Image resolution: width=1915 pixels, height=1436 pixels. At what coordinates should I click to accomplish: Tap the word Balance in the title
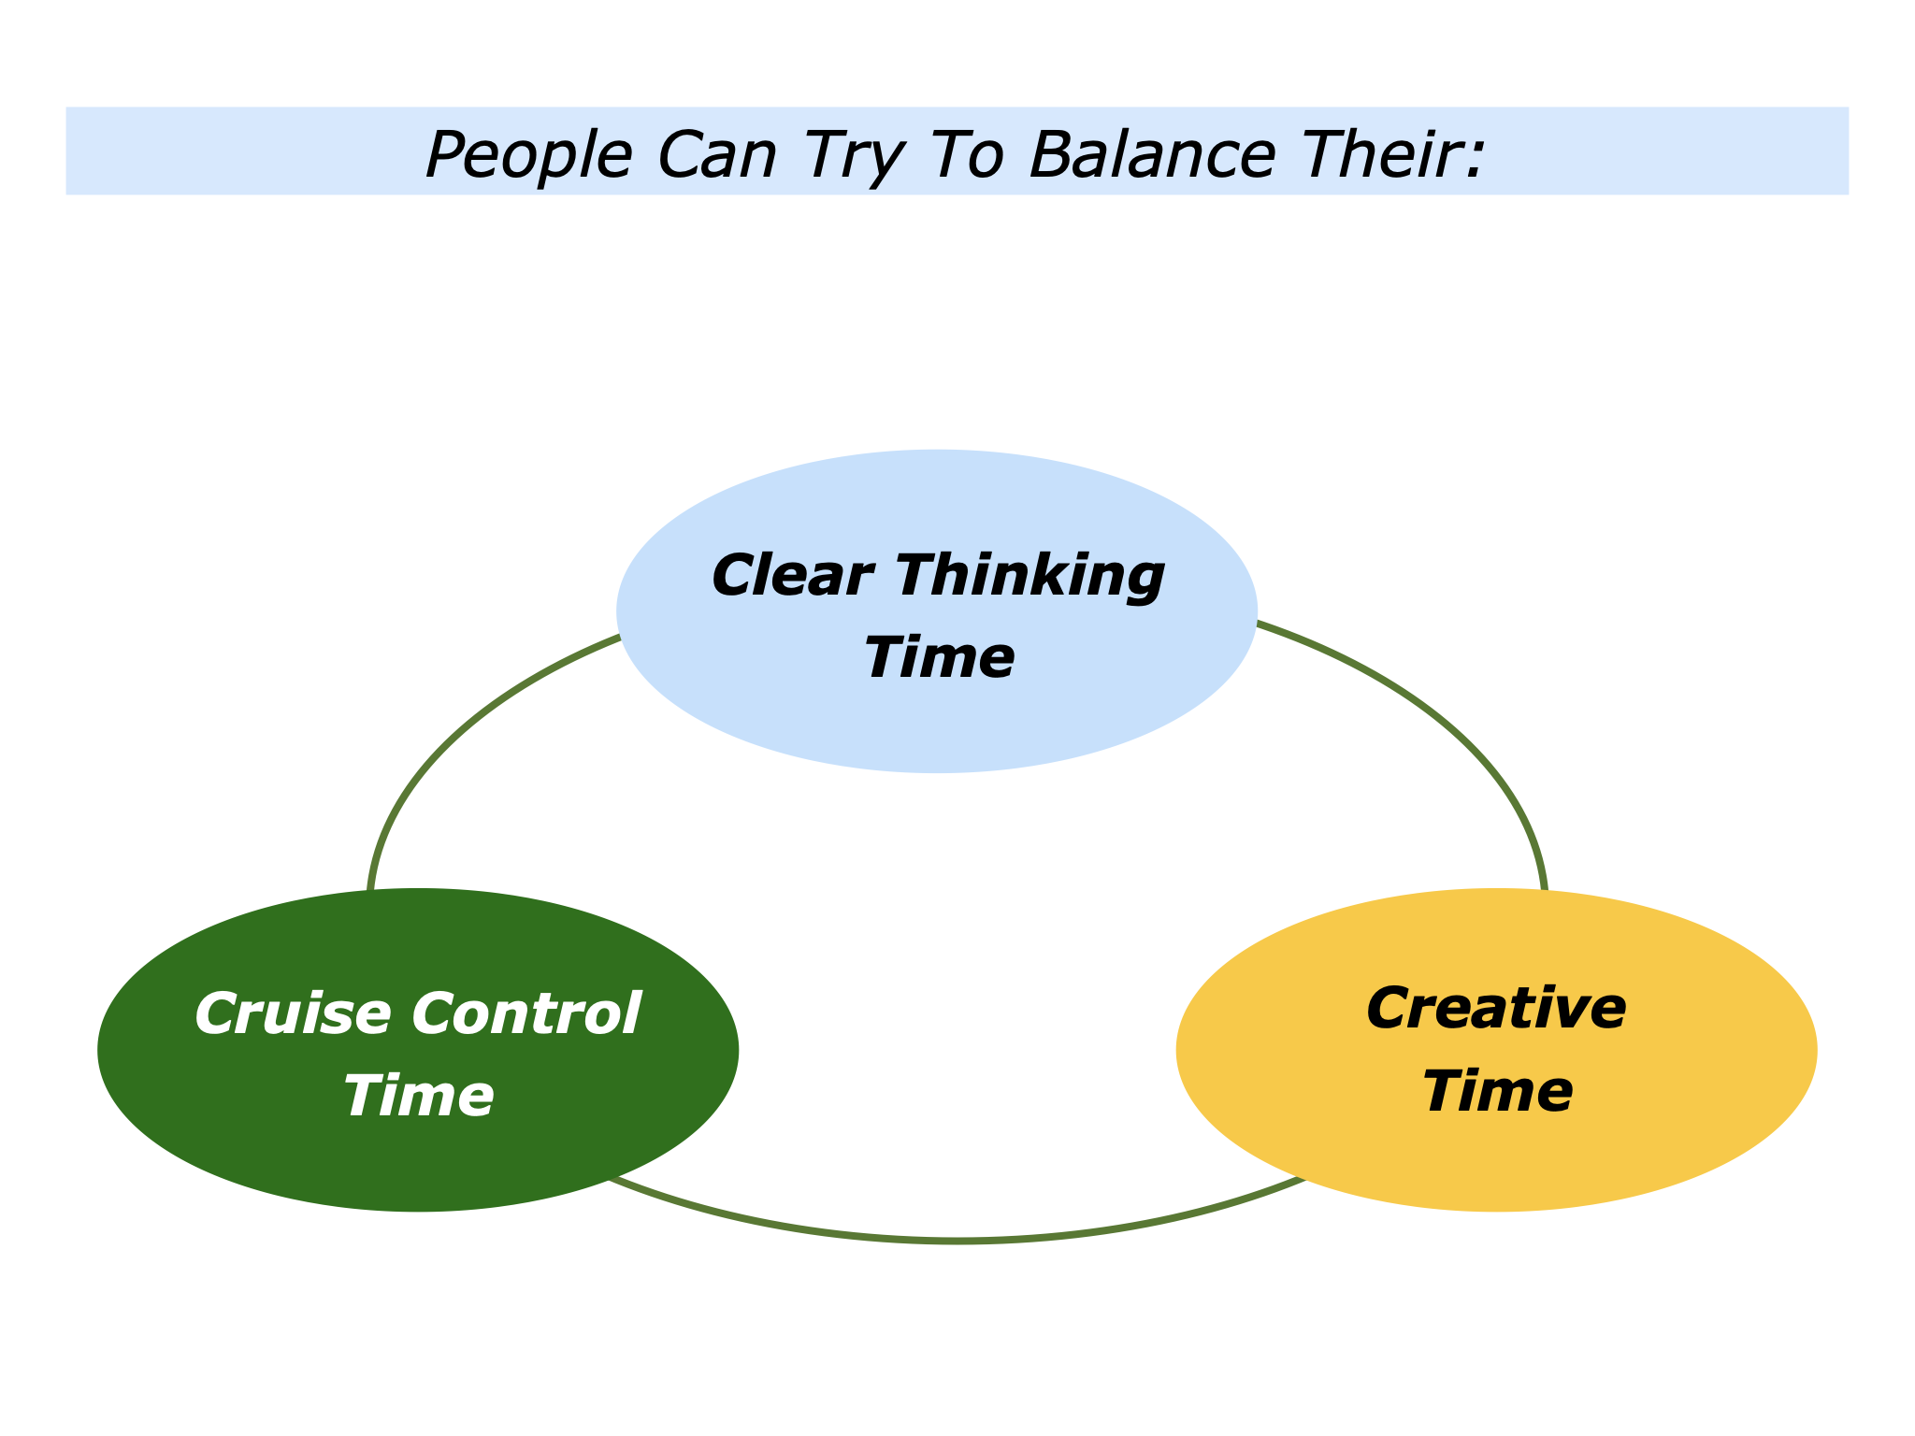(1151, 154)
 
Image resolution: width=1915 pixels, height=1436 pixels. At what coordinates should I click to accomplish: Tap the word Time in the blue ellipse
(938, 657)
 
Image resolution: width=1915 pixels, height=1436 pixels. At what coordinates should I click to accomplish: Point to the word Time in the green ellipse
(418, 1096)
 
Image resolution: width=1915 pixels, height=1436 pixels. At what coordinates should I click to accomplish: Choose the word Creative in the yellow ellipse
(1496, 1010)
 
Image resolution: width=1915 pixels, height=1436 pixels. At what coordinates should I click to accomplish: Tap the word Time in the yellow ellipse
(1496, 1091)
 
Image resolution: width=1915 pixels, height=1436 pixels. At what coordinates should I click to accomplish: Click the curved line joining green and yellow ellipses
(954, 1240)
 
